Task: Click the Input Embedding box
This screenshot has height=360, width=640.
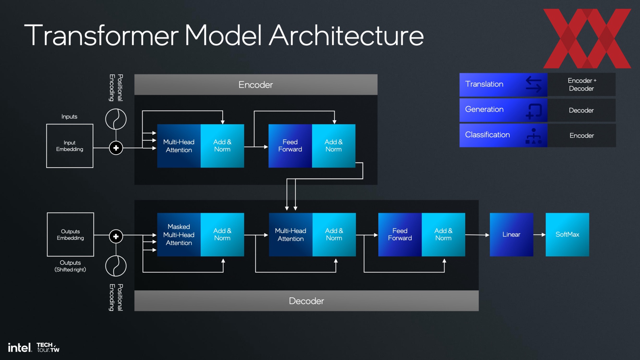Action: [x=70, y=146]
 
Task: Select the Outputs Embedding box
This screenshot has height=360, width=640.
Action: [x=70, y=235]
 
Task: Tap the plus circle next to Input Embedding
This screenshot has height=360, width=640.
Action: [x=116, y=148]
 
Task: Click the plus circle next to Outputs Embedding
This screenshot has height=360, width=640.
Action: [x=116, y=237]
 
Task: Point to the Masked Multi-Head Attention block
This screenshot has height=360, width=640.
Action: [x=179, y=235]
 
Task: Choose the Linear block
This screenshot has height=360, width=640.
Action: [x=511, y=235]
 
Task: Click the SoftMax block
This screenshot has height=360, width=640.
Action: [x=567, y=235]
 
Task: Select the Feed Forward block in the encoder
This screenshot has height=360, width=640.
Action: [x=290, y=146]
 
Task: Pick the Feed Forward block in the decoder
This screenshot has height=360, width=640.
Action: [x=400, y=235]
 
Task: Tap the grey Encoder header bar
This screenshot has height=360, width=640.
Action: [x=256, y=85]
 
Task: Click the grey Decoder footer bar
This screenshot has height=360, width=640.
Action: [x=306, y=301]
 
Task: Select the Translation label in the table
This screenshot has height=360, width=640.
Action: [x=484, y=84]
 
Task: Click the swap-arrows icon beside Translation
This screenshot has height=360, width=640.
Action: [x=534, y=84]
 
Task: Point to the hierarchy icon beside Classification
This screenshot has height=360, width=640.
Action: [x=534, y=136]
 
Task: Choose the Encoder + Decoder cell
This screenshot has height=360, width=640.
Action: [x=582, y=85]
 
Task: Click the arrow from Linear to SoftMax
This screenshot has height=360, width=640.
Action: [x=539, y=235]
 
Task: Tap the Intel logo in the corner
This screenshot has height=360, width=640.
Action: [x=20, y=348]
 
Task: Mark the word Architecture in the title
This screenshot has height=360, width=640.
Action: [x=347, y=35]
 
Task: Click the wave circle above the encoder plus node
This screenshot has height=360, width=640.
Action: [x=116, y=119]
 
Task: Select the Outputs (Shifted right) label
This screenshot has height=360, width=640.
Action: [x=70, y=266]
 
